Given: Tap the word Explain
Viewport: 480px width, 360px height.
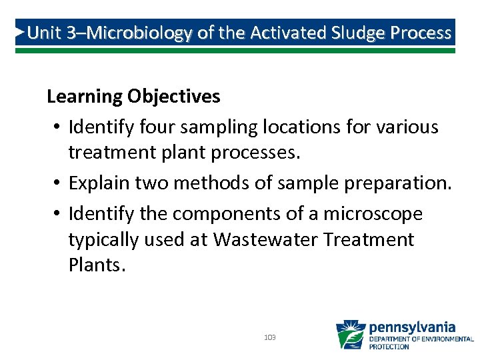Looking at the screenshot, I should click(98, 183).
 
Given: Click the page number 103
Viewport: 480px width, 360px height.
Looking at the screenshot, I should click(270, 337).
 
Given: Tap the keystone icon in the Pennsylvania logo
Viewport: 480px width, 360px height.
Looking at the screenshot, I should click(350, 335).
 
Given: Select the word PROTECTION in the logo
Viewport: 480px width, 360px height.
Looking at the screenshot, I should click(389, 347).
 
